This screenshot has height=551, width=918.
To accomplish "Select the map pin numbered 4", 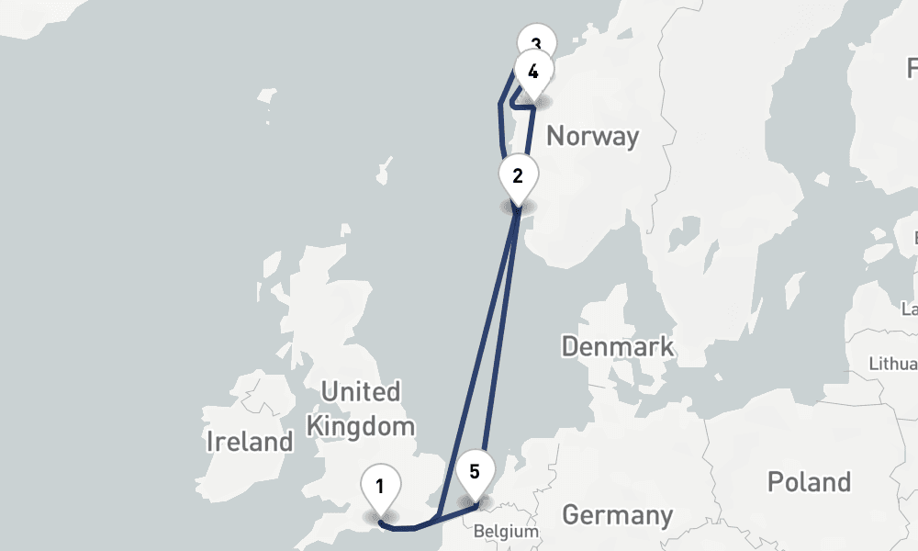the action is [533, 73].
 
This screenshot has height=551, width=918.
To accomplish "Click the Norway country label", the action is [592, 137].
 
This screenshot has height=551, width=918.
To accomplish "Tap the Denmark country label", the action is [617, 347].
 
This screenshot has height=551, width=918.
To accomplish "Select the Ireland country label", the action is [249, 442].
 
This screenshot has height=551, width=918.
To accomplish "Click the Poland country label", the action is [809, 481].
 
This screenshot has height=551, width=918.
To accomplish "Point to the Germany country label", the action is [617, 515].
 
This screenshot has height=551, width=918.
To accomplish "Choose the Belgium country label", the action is [506, 532].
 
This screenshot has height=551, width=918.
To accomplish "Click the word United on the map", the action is [361, 392].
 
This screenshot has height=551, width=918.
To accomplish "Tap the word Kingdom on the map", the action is [361, 426].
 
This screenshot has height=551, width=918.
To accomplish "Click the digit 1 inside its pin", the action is [380, 483].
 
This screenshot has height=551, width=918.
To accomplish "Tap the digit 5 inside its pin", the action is [475, 472].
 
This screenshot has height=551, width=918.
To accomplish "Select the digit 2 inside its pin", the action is [518, 174].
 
